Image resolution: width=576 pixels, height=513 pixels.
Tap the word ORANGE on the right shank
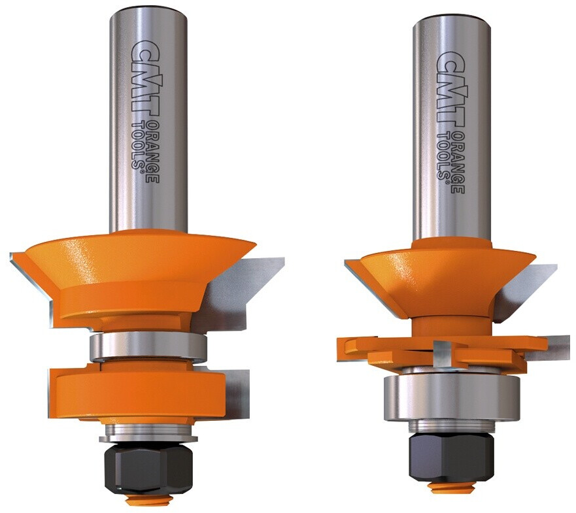[458, 161]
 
